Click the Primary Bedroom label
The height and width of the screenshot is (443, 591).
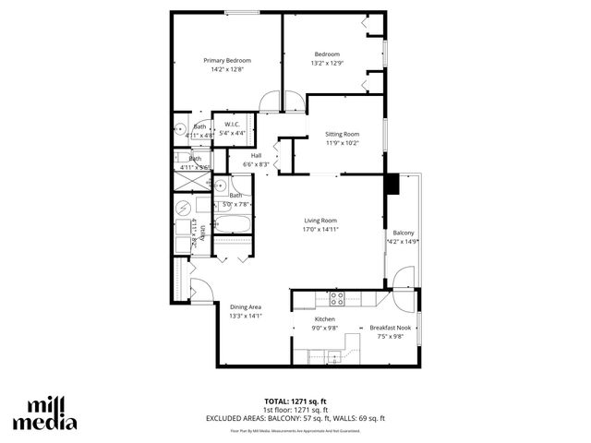227,60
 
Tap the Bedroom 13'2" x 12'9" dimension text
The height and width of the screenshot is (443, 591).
328,63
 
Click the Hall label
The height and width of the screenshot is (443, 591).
256,155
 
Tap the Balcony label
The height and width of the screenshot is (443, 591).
404,233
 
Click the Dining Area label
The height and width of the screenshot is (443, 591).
246,307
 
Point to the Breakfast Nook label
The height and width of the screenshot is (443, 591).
387,328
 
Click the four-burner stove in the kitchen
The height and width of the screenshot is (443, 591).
338,298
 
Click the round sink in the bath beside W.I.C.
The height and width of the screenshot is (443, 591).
180,130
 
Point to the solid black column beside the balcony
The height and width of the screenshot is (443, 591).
392,184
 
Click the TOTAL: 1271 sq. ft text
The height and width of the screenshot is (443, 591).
295,401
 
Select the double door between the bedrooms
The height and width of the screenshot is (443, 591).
280,100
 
